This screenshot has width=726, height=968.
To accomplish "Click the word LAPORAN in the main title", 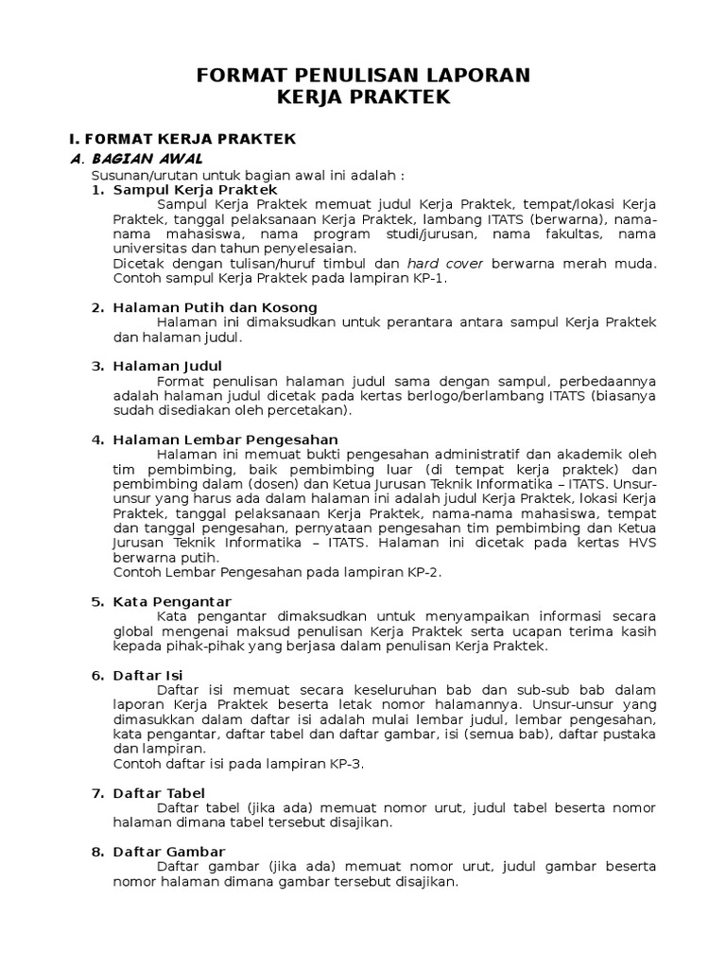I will click(469, 75).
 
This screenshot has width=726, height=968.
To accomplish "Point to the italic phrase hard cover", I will click(445, 263).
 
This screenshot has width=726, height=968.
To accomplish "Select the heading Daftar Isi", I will click(147, 675).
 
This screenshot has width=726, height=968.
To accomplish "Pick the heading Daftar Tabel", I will click(159, 792).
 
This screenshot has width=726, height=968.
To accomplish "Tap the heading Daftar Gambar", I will click(168, 852).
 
